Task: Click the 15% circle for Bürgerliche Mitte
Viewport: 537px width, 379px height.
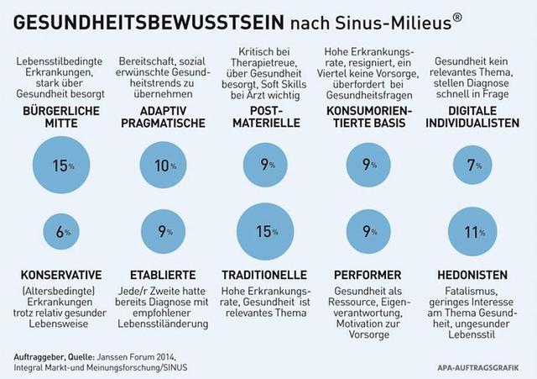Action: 61,166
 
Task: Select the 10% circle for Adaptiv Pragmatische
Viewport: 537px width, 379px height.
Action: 164,166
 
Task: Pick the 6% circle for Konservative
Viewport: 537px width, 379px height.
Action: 61,230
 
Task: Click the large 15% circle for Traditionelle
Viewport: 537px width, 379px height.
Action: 268,230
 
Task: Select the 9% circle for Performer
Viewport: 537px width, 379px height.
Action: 369,230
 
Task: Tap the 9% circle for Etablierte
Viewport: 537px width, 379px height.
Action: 164,230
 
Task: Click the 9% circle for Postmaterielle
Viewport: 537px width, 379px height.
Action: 268,166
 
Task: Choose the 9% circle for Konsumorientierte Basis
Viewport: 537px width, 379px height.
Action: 369,166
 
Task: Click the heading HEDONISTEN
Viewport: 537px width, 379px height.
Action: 472,275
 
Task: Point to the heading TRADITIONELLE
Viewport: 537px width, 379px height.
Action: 268,275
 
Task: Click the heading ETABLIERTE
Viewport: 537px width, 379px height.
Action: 164,275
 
